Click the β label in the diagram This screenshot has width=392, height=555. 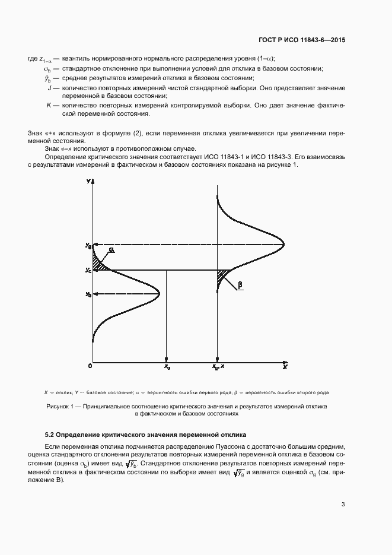tap(240, 286)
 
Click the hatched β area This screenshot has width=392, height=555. tap(223, 275)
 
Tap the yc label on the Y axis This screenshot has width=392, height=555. tap(88, 271)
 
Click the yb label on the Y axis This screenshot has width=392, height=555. tap(88, 294)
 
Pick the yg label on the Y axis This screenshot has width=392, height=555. tap(88, 245)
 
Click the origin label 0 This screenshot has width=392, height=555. tap(90, 366)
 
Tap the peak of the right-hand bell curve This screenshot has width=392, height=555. tap(283, 245)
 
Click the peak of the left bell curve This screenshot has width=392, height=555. tap(160, 294)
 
